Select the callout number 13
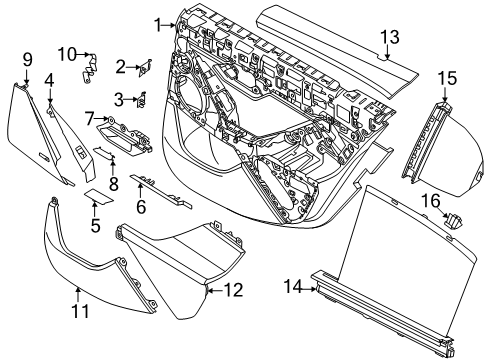click(388, 37)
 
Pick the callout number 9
click(27, 59)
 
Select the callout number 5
click(96, 226)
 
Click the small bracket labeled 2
click(146, 67)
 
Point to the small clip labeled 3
click(142, 98)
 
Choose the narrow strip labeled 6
click(160, 189)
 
